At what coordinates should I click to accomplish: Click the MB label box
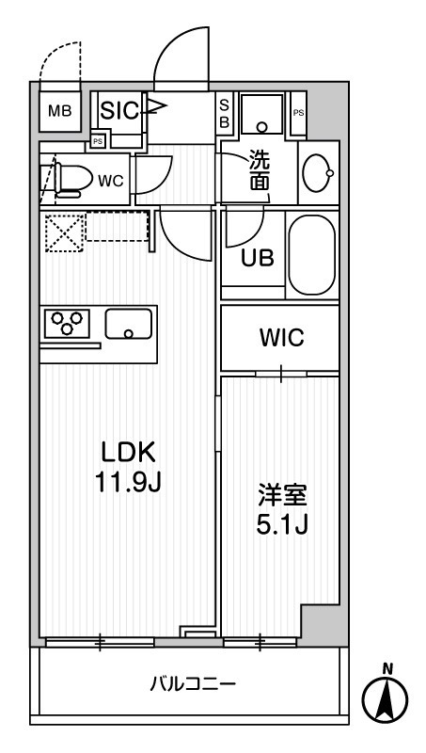pos(60,111)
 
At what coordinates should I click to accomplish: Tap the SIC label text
pos(120,111)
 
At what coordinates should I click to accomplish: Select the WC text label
pos(111,181)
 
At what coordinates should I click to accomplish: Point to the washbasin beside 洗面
pos(318,172)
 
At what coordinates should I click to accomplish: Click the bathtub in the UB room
pos(312,254)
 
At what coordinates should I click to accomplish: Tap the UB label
pos(258,258)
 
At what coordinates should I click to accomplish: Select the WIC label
pos(281,337)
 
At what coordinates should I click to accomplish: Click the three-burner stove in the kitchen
pos(67,322)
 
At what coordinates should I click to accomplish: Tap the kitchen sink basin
pos(129,323)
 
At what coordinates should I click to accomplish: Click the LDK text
pos(127,453)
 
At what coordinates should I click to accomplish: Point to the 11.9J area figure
pos(127,481)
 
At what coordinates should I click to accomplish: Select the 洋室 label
pos(282,497)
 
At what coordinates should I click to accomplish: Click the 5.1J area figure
pos(281,525)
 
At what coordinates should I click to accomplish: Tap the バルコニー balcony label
pos(193,683)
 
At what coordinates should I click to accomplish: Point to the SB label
pos(224,112)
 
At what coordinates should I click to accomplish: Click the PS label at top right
pos(298,113)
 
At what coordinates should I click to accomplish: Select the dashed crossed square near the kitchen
pos(65,232)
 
